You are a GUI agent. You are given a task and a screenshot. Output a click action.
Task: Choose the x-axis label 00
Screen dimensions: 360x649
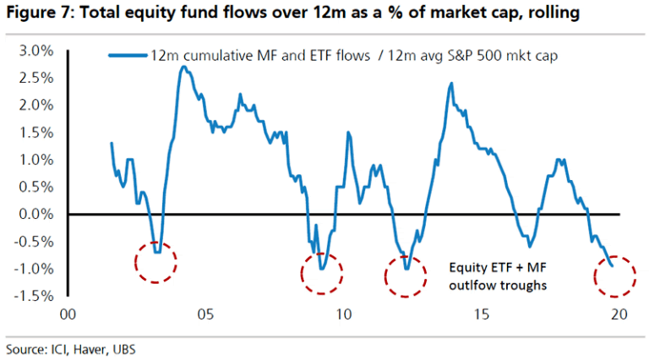(68, 314)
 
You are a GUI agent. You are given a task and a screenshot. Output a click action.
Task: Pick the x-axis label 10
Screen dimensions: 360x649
(343, 314)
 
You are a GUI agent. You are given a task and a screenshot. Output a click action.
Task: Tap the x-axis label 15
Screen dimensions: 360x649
(481, 314)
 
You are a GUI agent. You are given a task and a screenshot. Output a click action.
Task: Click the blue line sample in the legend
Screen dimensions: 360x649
(126, 55)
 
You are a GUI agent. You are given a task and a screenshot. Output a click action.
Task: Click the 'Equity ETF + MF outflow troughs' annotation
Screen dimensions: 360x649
(497, 275)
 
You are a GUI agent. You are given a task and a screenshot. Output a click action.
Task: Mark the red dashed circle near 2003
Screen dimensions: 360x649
(155, 260)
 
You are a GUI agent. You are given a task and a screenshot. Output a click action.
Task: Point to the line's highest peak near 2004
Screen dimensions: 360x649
(183, 66)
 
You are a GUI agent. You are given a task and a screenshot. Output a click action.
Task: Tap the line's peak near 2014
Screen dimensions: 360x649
(451, 83)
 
